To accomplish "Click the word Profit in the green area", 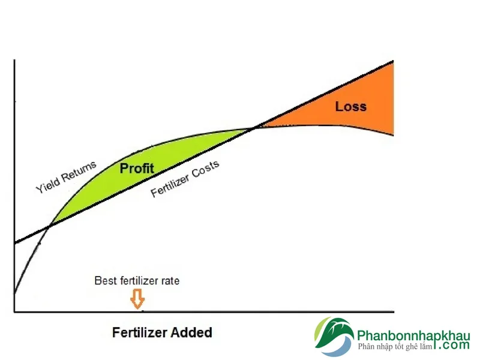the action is click(x=137, y=169).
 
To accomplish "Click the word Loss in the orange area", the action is click(x=351, y=107).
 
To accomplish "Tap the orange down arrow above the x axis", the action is click(x=137, y=299).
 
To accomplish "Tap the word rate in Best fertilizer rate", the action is click(x=170, y=281).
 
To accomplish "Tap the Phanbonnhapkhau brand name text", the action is click(x=413, y=336).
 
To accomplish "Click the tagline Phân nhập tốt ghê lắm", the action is click(x=395, y=347).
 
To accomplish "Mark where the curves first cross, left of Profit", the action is click(x=49, y=227).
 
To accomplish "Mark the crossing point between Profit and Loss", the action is click(x=256, y=127).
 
